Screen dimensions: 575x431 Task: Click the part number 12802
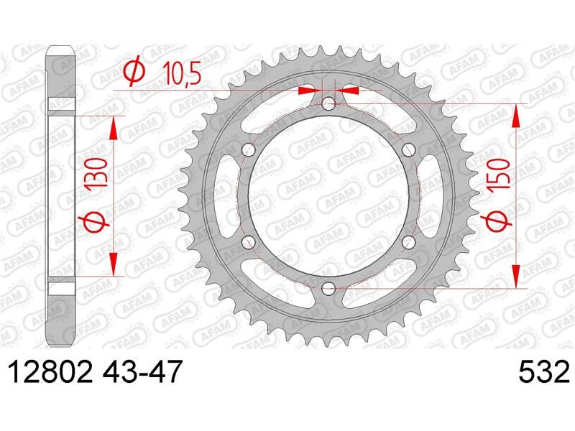(50, 371)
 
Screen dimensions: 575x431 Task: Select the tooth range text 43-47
(142, 371)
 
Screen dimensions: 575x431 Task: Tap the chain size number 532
(544, 371)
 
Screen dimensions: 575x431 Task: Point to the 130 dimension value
(97, 173)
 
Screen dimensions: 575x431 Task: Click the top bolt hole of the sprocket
(328, 103)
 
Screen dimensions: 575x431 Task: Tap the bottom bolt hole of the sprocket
(328, 289)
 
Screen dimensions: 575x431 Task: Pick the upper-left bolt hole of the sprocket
(249, 149)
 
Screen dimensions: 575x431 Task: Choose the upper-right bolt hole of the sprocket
(408, 149)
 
